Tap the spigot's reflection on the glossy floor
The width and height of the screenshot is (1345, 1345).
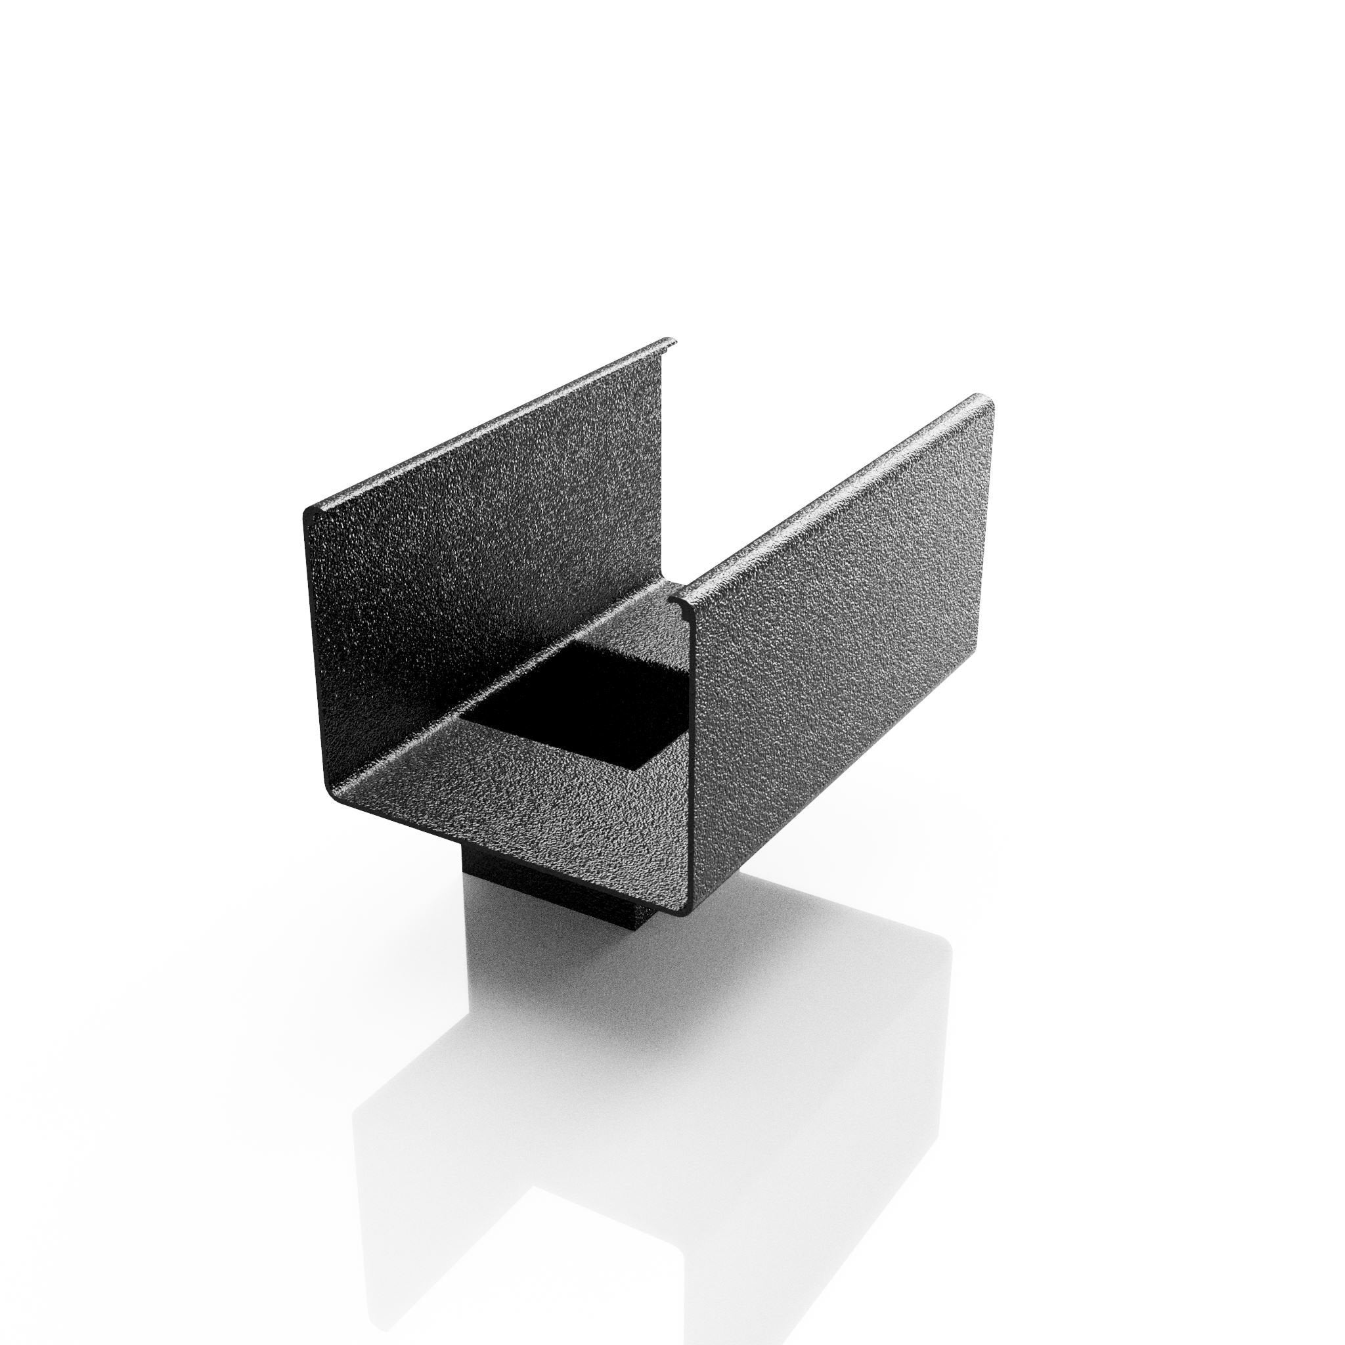[529, 988]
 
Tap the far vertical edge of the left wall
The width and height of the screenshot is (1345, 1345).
[661, 445]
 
